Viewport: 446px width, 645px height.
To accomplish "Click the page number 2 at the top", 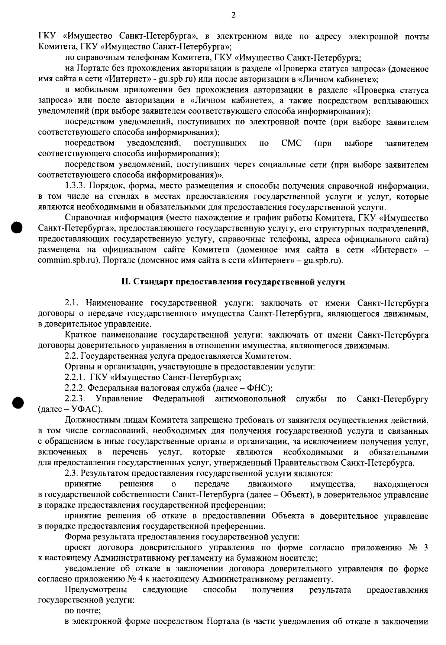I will [x=233, y=15].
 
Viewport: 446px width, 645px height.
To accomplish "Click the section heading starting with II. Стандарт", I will [x=233, y=282].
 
